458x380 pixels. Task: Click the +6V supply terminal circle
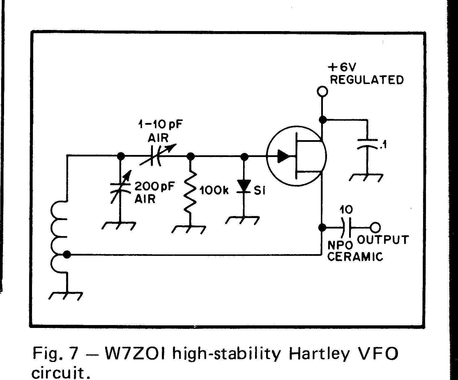tap(322, 91)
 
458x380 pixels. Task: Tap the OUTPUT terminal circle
tap(375, 227)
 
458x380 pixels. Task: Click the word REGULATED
tap(367, 80)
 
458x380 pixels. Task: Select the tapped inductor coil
tap(59, 237)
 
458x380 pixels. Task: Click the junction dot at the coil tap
tap(67, 255)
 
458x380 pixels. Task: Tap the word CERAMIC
tap(355, 257)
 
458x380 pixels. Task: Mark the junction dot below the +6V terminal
tap(322, 119)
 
